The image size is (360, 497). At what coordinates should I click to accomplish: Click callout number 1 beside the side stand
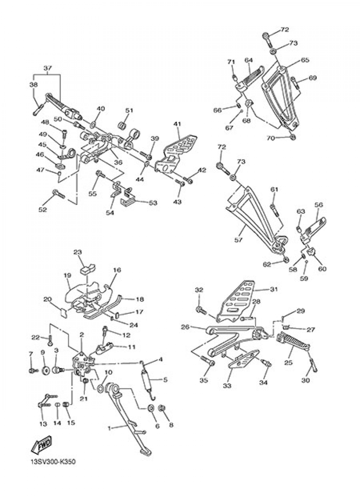point(109,428)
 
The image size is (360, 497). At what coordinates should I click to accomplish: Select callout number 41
point(176,124)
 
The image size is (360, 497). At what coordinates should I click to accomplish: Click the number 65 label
point(305,61)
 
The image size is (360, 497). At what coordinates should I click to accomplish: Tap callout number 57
point(238,239)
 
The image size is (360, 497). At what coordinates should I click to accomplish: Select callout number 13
point(43,424)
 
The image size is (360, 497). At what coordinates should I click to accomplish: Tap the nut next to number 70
point(293,137)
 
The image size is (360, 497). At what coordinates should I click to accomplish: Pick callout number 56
point(318,205)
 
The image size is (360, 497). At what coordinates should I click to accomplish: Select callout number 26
point(185,327)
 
